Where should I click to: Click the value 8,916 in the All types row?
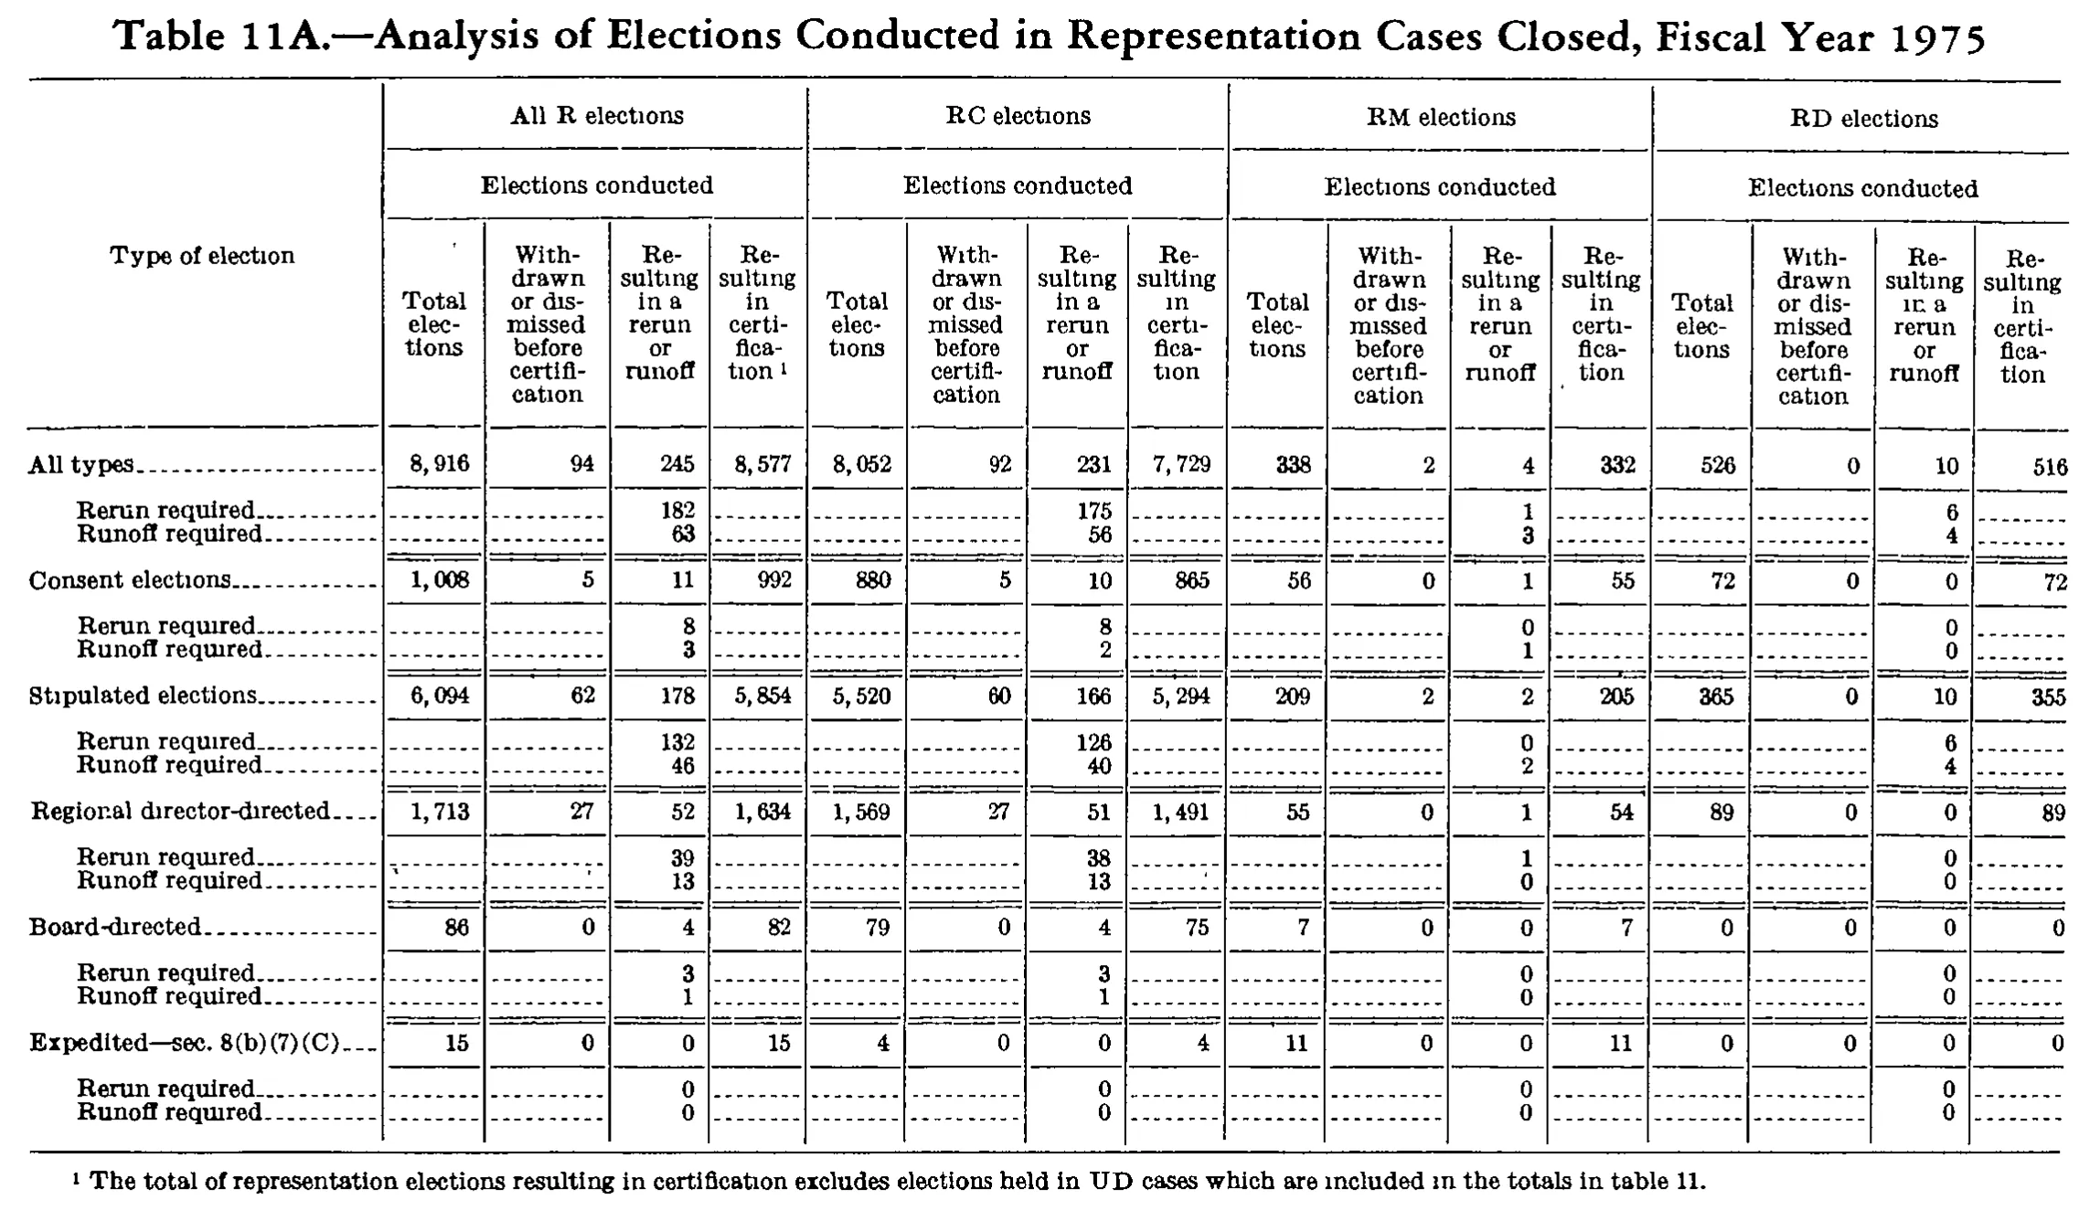click(x=440, y=463)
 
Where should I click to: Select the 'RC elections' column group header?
click(x=1018, y=116)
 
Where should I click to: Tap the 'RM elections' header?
click(x=1441, y=117)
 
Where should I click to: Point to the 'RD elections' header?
click(x=1864, y=119)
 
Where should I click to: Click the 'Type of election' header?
click(x=202, y=255)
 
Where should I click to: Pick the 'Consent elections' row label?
click(x=129, y=580)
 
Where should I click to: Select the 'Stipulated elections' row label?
click(x=143, y=695)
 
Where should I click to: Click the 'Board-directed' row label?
click(x=115, y=927)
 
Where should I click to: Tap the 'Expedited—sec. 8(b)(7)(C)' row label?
click(x=185, y=1043)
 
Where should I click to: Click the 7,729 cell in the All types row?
click(x=1180, y=464)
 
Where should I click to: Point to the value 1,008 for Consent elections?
click(x=440, y=579)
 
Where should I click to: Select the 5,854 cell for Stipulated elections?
click(x=762, y=695)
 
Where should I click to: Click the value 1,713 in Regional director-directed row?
click(x=440, y=812)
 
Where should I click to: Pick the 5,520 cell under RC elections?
click(x=862, y=695)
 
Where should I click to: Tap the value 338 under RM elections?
click(x=1294, y=465)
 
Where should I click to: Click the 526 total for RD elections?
click(x=1718, y=465)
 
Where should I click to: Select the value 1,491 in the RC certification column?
click(x=1180, y=812)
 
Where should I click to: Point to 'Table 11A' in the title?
click(x=219, y=37)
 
